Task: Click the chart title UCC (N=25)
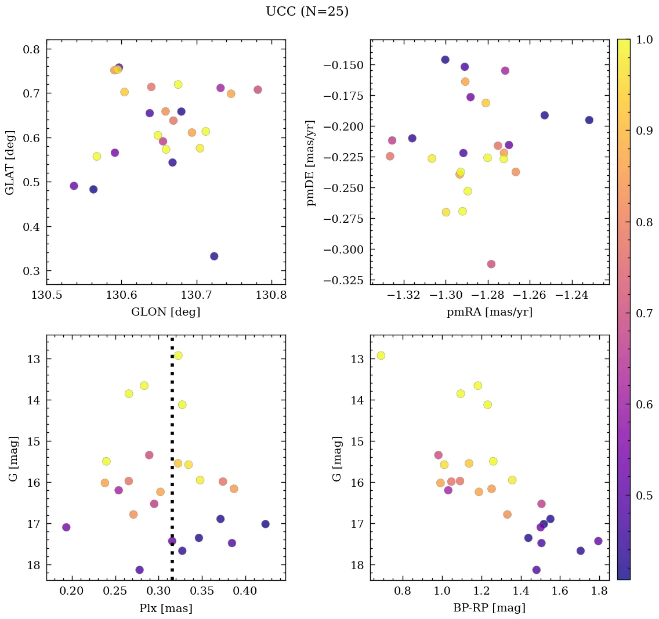[x=307, y=12]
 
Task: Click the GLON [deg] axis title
[x=165, y=312]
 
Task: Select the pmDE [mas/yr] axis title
[x=312, y=162]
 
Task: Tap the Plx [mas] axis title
[x=165, y=608]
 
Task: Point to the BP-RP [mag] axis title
[x=489, y=608]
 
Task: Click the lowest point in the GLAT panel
[x=214, y=256]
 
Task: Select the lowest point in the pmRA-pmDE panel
[x=491, y=264]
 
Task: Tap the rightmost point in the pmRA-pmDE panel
[x=589, y=120]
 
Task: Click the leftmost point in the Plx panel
[x=66, y=527]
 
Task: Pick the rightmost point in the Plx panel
[x=265, y=524]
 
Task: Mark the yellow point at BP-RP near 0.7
[x=381, y=356]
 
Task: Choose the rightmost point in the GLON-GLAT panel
[x=258, y=90]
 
